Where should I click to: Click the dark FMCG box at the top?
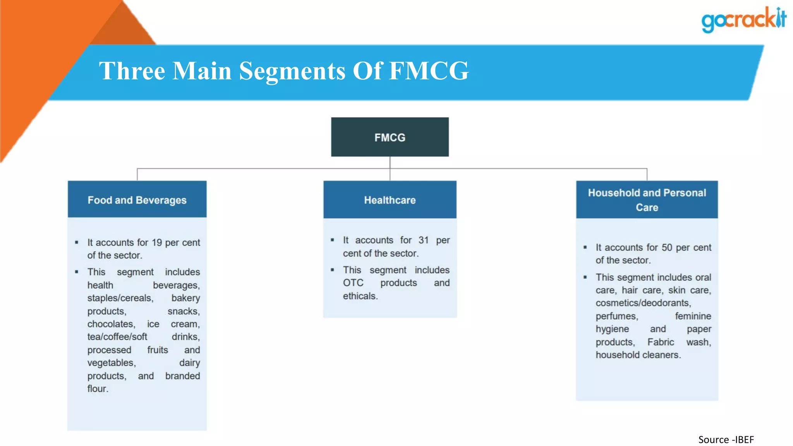point(390,137)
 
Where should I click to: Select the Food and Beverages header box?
point(137,200)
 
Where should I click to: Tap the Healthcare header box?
point(390,200)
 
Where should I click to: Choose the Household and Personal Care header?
point(647,200)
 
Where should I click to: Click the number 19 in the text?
point(156,243)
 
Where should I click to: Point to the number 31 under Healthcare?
point(423,240)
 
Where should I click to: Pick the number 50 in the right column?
point(666,248)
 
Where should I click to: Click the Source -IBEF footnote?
point(726,440)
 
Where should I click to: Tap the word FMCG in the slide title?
point(429,71)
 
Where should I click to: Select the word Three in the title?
point(132,71)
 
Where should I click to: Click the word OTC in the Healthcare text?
point(353,283)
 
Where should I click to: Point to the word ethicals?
point(360,296)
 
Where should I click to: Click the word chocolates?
point(111,324)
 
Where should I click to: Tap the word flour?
point(98,389)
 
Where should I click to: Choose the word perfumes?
point(617,316)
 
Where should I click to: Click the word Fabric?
point(661,342)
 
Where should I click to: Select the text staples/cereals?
point(120,298)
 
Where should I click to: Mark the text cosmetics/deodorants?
point(643,303)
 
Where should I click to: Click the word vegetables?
point(112,363)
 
